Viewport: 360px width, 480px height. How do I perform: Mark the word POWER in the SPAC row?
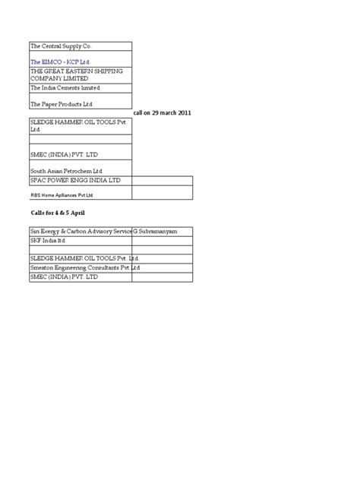click(x=60, y=181)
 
